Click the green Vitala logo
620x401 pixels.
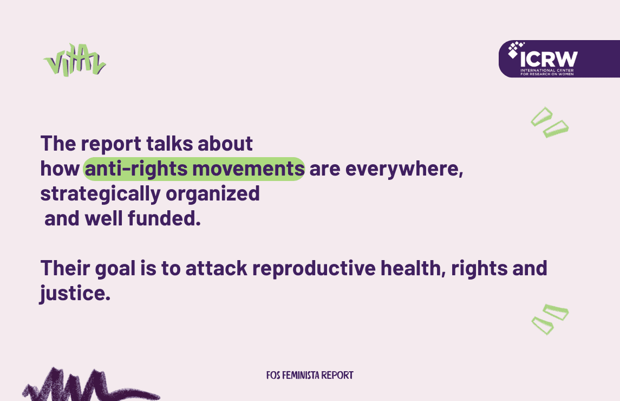[75, 60]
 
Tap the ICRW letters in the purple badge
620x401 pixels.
[549, 60]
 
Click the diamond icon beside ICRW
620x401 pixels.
[515, 49]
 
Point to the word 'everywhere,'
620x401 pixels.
[404, 170]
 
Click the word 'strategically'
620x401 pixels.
[100, 195]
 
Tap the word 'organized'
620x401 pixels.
[213, 195]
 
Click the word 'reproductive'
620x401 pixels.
[314, 268]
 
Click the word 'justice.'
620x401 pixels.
[75, 294]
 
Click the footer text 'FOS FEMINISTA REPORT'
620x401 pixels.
[310, 376]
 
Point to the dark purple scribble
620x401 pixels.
[91, 386]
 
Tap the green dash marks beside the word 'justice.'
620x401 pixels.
[550, 319]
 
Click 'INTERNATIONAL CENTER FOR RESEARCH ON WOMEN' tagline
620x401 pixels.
[547, 72]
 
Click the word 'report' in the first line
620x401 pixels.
[110, 145]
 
